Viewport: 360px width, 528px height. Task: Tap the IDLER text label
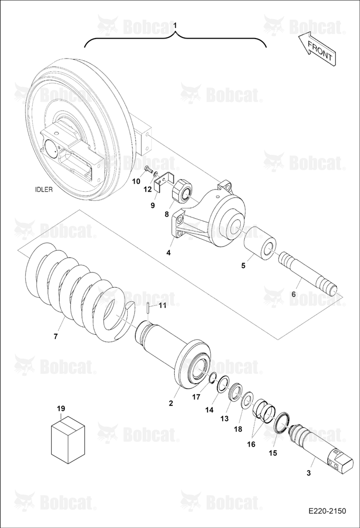click(x=44, y=189)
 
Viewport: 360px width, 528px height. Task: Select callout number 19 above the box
click(x=61, y=409)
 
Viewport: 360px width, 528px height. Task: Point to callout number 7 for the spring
click(x=56, y=336)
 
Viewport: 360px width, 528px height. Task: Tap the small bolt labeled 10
click(x=148, y=170)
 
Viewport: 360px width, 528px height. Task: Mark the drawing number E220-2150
click(x=327, y=511)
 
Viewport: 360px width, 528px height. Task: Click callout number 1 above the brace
click(x=175, y=25)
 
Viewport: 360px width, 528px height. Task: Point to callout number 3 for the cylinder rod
click(x=309, y=473)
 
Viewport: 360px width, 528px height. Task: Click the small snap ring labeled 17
click(x=213, y=379)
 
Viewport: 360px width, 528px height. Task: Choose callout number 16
click(x=251, y=444)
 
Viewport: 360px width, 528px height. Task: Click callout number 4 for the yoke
click(x=168, y=252)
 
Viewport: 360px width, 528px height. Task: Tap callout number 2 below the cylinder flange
click(x=171, y=403)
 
